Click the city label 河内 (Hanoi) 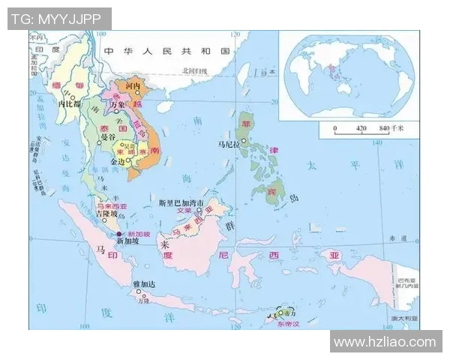pos(133,86)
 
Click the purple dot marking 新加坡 pos(118,233)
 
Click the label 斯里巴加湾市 pos(182,202)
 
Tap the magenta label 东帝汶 pos(287,325)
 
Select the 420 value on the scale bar pos(360,128)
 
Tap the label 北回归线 pos(195,70)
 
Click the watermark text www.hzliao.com pos(385,342)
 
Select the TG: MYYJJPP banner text pos(59,17)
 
